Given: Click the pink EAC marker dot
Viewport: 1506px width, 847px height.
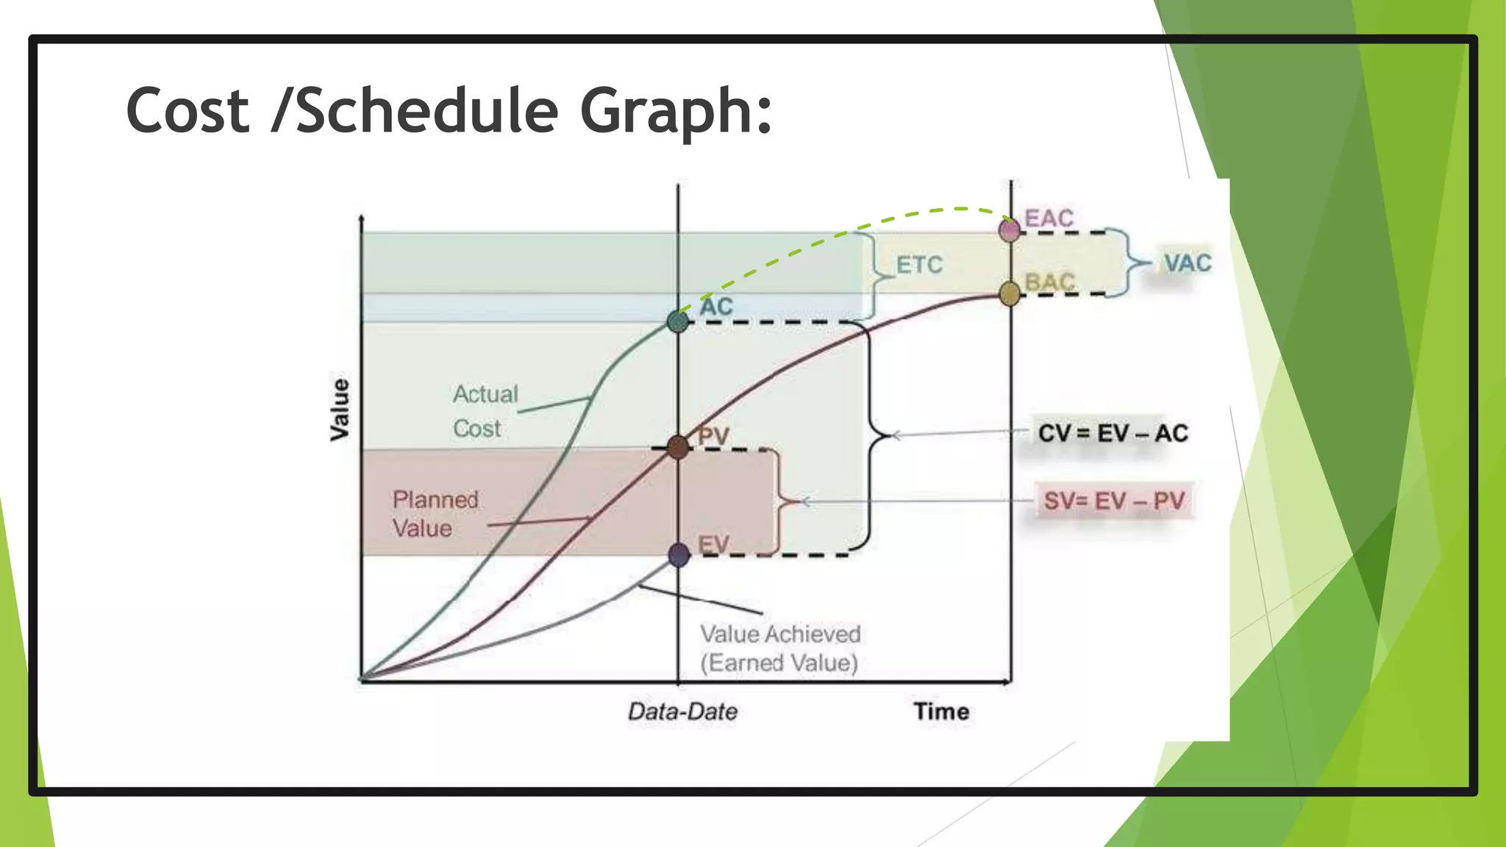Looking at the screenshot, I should (x=1010, y=230).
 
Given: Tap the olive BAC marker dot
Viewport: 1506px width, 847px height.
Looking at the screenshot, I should (x=1010, y=294).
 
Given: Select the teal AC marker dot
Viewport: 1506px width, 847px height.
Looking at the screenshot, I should (x=677, y=321).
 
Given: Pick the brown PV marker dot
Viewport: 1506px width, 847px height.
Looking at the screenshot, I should (x=678, y=447).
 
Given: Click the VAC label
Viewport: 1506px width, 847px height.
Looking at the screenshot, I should (x=1187, y=263).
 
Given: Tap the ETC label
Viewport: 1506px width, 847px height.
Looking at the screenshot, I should (x=918, y=265).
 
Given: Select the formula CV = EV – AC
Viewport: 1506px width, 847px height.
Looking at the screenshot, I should (x=1113, y=433).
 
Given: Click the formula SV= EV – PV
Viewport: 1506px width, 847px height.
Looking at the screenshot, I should (x=1113, y=501).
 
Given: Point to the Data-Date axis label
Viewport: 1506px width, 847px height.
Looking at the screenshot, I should (x=682, y=712).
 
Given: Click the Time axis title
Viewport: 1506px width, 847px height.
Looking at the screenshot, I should (x=941, y=712).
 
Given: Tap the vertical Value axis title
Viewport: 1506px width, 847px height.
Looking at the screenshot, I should (x=339, y=410).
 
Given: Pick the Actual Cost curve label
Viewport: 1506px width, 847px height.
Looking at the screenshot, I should (x=485, y=411).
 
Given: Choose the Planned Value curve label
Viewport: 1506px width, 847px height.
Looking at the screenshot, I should (x=435, y=514).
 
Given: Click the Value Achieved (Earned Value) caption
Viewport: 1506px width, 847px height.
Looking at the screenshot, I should (x=779, y=648).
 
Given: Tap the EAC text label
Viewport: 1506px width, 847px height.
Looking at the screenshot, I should (x=1049, y=218).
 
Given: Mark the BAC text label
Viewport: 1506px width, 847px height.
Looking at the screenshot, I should (x=1050, y=282).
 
